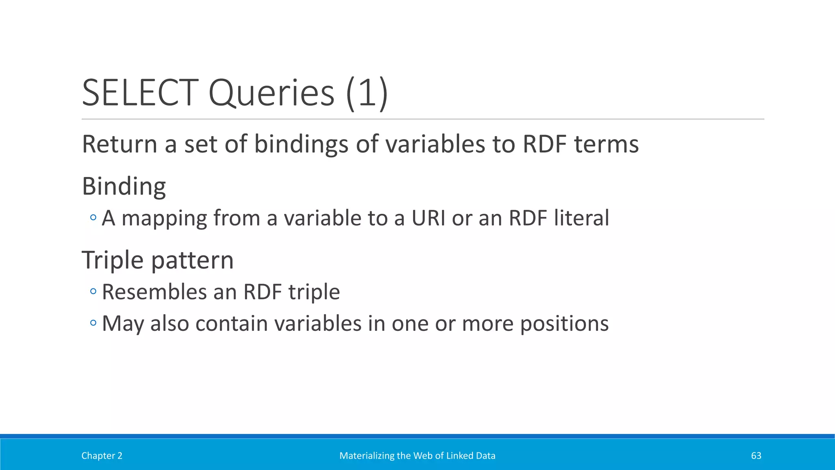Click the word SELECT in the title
click(x=140, y=93)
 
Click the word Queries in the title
click(x=271, y=93)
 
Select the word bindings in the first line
click(x=301, y=144)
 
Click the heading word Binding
click(x=124, y=186)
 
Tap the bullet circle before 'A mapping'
click(x=93, y=218)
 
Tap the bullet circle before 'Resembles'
click(x=93, y=291)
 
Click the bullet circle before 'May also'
click(x=93, y=323)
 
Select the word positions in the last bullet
click(x=564, y=324)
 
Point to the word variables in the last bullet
click(x=318, y=323)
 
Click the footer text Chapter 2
click(x=102, y=456)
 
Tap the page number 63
click(x=756, y=456)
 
